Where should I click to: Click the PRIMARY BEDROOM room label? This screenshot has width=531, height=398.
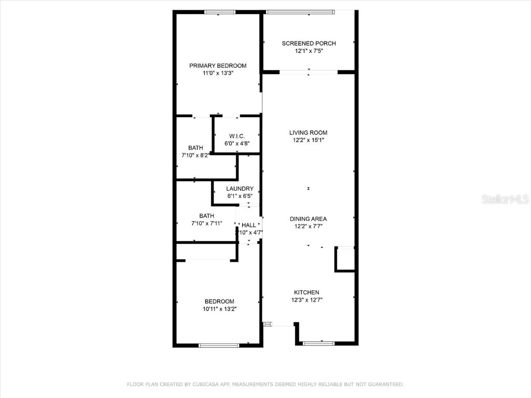tap(218, 66)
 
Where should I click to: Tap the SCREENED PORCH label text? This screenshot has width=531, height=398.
tap(309, 44)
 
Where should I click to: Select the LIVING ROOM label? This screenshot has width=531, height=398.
tap(309, 133)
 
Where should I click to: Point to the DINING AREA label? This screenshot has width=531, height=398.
tap(309, 219)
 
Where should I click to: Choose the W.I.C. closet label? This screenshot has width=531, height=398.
tap(237, 136)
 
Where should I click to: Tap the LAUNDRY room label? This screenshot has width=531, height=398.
tap(240, 189)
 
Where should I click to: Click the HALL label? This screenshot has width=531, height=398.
tap(249, 225)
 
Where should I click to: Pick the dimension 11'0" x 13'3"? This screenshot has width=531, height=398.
tap(218, 74)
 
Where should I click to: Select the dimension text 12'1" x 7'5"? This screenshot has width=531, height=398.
tap(309, 51)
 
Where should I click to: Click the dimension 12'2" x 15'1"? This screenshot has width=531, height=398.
tap(309, 140)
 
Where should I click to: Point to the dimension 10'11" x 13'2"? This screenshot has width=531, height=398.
tap(219, 309)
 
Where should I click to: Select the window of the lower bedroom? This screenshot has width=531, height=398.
tap(219, 345)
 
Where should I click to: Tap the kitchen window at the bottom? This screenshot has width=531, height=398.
tap(318, 343)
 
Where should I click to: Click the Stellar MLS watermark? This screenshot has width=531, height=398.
tap(505, 199)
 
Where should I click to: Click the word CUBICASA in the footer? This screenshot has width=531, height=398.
tap(208, 384)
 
